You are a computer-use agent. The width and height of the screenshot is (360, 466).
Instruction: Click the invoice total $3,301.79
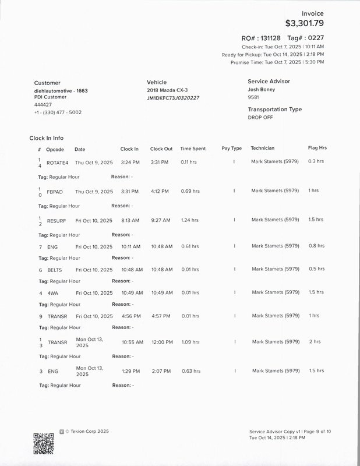[304, 24]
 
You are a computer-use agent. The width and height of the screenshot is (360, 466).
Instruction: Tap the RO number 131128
[269, 38]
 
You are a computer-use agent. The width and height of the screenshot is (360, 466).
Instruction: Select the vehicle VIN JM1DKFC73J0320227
[173, 98]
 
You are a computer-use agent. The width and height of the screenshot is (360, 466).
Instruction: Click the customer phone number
[58, 112]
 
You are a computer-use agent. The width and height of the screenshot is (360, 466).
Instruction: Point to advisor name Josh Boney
[262, 90]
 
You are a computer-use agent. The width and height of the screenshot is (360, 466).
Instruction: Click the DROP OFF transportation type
[260, 117]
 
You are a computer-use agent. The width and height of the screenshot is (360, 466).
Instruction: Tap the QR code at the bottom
[44, 444]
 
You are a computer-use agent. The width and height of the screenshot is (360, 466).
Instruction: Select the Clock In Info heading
[47, 138]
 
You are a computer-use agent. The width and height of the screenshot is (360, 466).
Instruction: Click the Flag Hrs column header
[317, 148]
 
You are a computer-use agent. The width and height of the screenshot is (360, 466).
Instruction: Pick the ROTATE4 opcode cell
[58, 162]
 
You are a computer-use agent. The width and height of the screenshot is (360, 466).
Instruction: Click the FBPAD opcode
[55, 192]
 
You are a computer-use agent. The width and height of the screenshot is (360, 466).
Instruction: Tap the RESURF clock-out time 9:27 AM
[160, 221]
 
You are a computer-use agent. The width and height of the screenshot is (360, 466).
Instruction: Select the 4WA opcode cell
[53, 293]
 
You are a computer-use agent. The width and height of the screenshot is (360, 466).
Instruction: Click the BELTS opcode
[55, 270]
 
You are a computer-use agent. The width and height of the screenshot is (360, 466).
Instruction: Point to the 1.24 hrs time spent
[189, 220]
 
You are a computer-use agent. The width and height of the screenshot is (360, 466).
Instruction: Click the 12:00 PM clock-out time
[161, 342]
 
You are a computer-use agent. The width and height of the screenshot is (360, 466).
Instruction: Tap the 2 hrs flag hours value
[315, 341]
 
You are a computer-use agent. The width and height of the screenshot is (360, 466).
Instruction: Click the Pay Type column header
[232, 149]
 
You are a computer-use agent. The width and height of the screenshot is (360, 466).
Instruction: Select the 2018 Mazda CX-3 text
[167, 90]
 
